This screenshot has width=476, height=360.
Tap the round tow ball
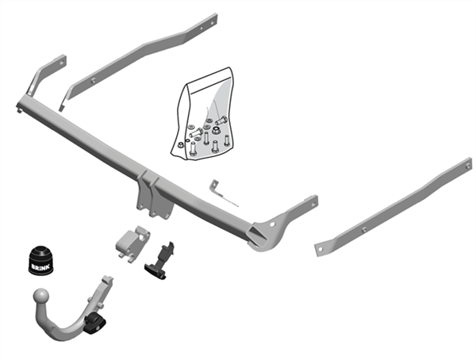click(39, 299)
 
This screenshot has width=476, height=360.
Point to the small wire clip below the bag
click(223, 193)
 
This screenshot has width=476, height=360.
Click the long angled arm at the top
click(143, 56)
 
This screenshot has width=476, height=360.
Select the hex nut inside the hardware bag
click(208, 128)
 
